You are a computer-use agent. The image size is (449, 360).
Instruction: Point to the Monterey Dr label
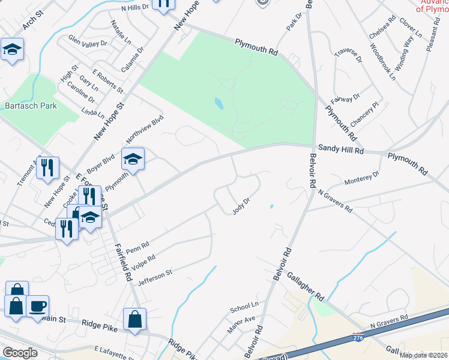click(x=362, y=178)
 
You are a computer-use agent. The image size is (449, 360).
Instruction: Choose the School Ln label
click(x=243, y=308)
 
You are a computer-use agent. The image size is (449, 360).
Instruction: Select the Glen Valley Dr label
click(x=88, y=43)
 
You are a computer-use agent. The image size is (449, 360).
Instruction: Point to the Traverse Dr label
click(x=348, y=56)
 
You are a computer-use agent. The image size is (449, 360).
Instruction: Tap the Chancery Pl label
click(x=365, y=113)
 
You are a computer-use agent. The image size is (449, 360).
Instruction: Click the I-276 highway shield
click(x=358, y=338)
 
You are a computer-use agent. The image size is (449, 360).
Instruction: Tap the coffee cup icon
click(x=37, y=306)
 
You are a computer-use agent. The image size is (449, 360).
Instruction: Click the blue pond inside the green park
click(x=219, y=103)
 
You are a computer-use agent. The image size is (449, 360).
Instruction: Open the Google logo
click(x=20, y=353)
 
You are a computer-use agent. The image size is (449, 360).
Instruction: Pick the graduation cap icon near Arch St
click(x=11, y=49)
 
